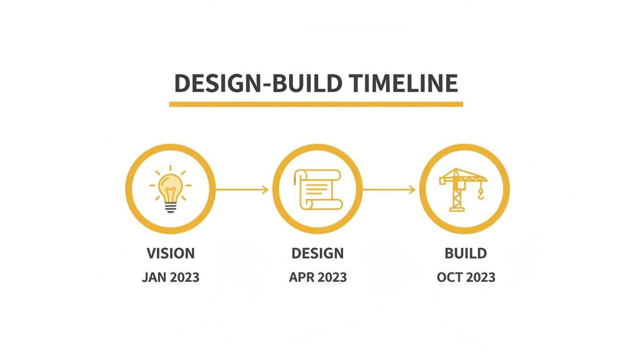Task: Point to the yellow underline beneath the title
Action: pyautogui.click(x=315, y=104)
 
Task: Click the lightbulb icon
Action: pyautogui.click(x=170, y=189)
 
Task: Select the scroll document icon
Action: pyautogui.click(x=317, y=189)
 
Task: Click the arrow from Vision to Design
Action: pyautogui.click(x=241, y=189)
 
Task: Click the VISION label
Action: pyautogui.click(x=171, y=254)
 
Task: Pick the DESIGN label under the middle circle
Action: pyautogui.click(x=317, y=254)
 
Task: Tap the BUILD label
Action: pyautogui.click(x=465, y=254)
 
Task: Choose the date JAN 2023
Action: pyautogui.click(x=171, y=277)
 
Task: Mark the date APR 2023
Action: pyautogui.click(x=317, y=277)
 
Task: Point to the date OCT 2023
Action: pyautogui.click(x=465, y=277)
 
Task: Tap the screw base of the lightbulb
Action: pyautogui.click(x=171, y=207)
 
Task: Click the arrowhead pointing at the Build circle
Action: pyautogui.click(x=412, y=189)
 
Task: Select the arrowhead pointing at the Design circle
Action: pyautogui.click(x=265, y=189)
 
